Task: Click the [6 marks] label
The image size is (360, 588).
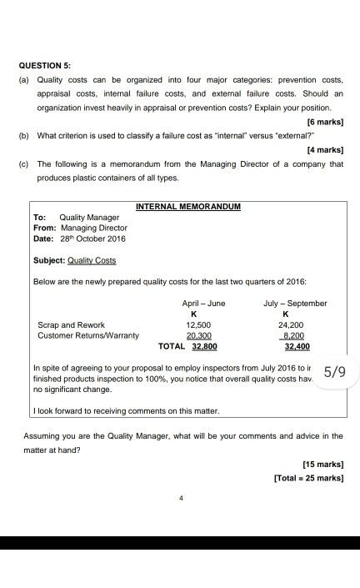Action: (325, 122)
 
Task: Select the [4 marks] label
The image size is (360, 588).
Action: (325, 150)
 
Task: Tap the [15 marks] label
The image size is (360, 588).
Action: (322, 463)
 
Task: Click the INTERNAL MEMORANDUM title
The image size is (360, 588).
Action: (187, 205)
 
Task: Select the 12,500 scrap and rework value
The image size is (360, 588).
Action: (198, 324)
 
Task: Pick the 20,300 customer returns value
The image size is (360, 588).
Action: (198, 334)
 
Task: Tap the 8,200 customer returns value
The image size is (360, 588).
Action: (297, 334)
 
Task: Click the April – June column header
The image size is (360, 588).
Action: (203, 303)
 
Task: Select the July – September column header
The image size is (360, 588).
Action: (294, 303)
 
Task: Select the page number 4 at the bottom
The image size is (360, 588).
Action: (179, 500)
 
